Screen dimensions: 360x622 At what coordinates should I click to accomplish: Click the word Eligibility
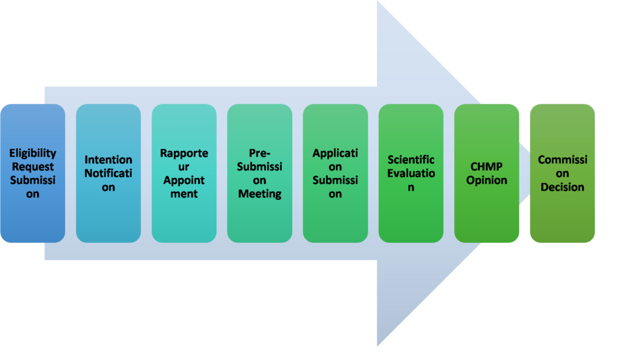tap(32, 153)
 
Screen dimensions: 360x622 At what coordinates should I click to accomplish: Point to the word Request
tap(32, 167)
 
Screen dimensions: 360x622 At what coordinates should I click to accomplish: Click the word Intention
tap(108, 160)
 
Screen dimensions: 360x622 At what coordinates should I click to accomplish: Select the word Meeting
tap(259, 194)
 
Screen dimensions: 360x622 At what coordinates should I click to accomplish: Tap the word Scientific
tap(411, 160)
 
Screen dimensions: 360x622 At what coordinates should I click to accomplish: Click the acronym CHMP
tap(487, 167)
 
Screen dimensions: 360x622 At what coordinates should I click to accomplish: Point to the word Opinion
tap(487, 180)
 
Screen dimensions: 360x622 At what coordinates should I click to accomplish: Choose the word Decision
tap(562, 187)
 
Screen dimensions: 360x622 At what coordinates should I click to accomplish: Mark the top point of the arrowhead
tap(378, 2)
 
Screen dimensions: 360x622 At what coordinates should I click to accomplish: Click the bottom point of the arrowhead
tap(378, 347)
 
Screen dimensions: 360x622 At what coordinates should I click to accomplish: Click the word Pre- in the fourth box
tap(259, 153)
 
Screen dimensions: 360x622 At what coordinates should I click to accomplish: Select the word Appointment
tap(184, 180)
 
